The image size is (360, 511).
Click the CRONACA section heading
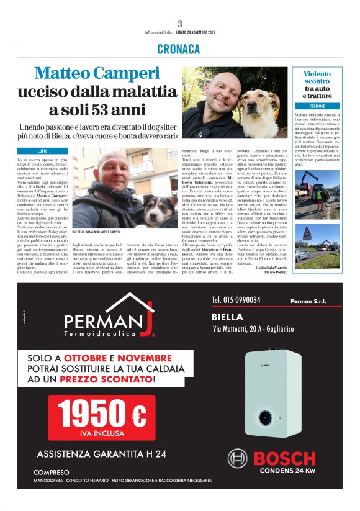(179, 48)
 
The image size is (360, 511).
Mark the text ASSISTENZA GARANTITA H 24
(101, 454)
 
